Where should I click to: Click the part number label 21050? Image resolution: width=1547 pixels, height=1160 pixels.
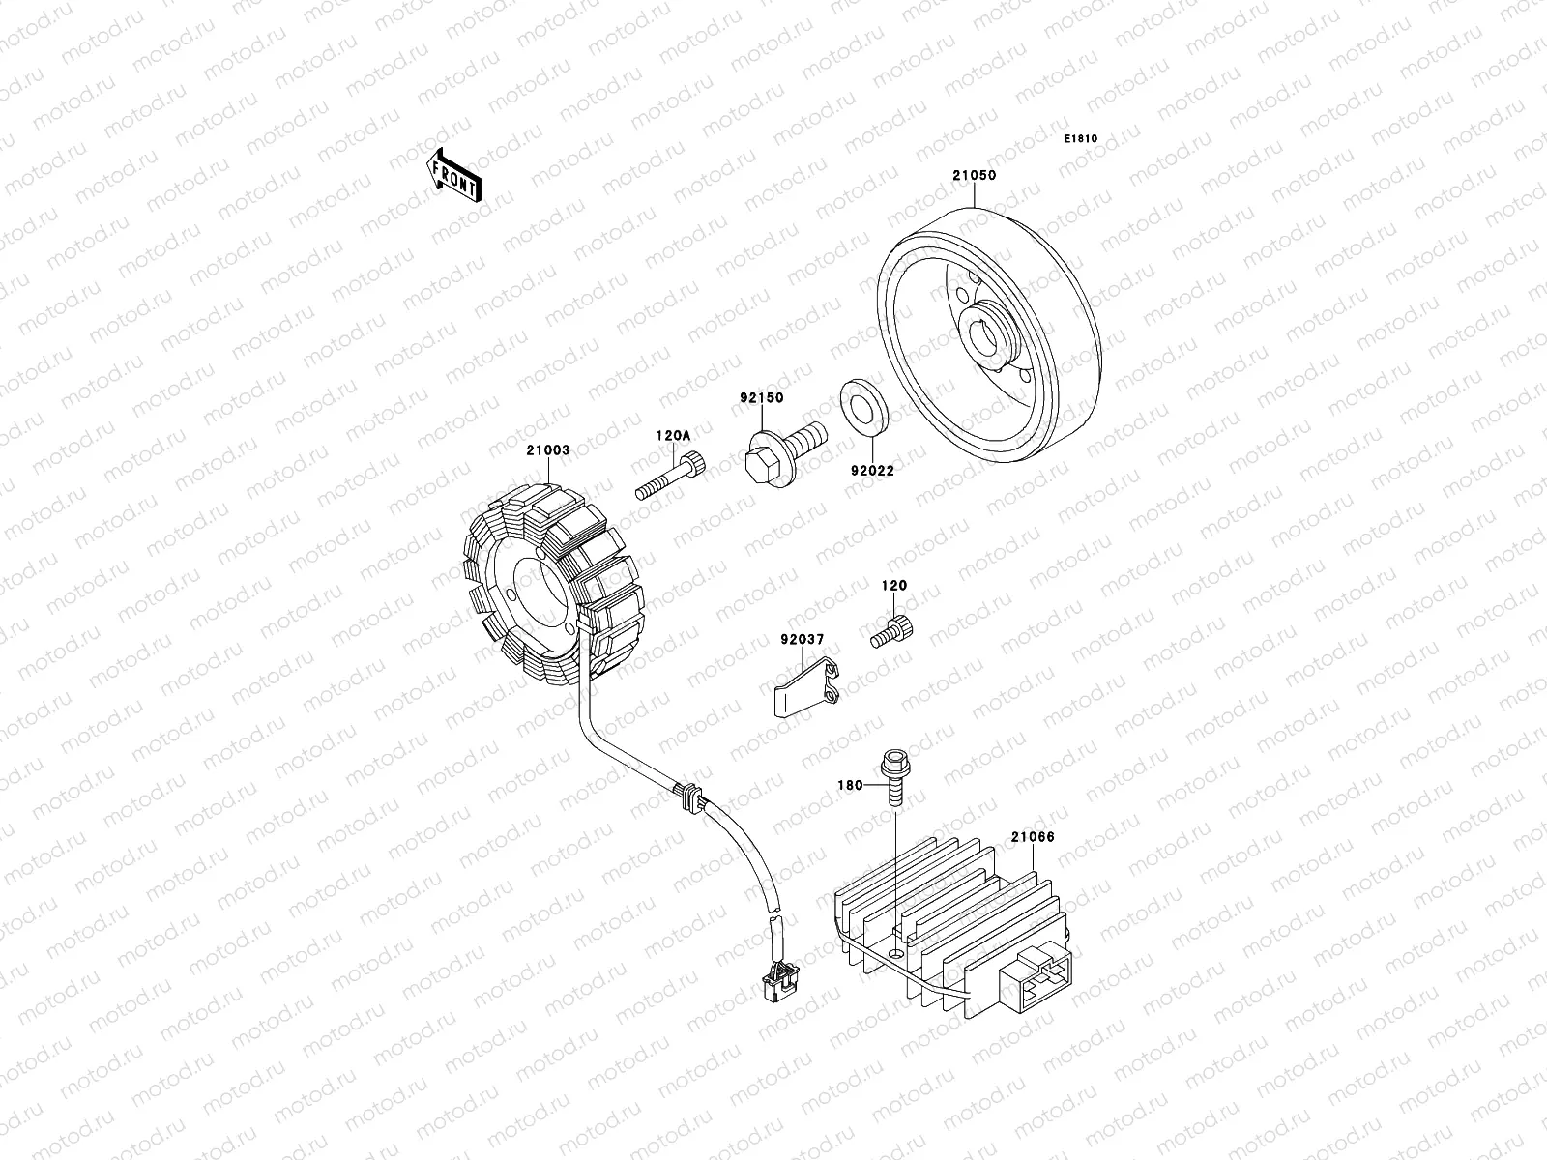974,176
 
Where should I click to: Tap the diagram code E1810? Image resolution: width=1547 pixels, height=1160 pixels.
1081,139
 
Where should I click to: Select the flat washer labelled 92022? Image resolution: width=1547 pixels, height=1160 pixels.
866,414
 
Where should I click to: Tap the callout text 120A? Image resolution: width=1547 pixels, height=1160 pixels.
674,436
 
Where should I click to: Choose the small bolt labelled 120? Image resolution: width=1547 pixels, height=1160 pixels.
891,631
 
